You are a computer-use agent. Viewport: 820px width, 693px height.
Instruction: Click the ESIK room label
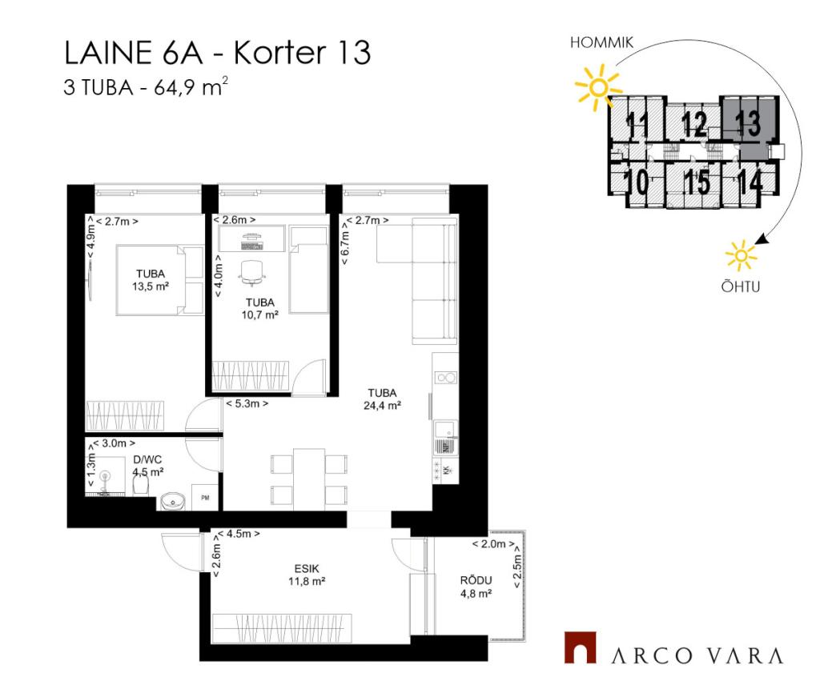[307, 569]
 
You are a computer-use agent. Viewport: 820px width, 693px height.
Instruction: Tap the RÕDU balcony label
[476, 580]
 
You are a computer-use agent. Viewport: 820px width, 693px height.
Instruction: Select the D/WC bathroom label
[147, 460]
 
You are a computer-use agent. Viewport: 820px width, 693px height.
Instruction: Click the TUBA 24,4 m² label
[382, 399]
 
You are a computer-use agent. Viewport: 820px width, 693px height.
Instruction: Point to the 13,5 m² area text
[151, 286]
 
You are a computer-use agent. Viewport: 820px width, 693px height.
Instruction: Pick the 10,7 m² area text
[260, 314]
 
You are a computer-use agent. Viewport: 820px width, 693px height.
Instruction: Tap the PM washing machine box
[205, 498]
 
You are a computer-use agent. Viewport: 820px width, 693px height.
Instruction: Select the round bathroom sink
[172, 501]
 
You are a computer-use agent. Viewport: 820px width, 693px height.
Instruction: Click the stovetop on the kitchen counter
[446, 378]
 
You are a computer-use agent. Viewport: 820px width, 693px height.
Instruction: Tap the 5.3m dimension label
[247, 403]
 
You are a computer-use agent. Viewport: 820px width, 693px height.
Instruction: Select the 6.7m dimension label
[344, 242]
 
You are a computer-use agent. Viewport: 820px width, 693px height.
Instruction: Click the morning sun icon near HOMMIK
[598, 86]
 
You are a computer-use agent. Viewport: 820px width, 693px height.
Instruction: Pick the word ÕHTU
[741, 286]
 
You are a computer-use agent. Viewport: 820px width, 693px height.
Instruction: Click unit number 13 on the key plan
[748, 123]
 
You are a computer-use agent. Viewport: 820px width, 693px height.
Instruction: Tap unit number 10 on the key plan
[637, 182]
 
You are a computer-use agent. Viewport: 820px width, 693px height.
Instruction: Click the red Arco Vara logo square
[580, 647]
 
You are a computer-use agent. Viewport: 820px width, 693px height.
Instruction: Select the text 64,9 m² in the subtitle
[191, 86]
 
